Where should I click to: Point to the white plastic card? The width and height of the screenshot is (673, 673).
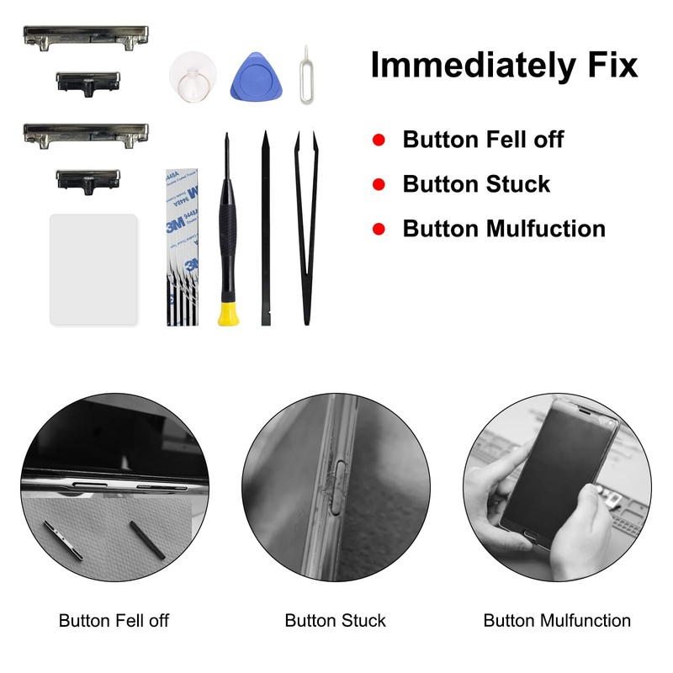[93, 268]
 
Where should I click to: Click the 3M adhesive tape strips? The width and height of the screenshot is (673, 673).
[183, 248]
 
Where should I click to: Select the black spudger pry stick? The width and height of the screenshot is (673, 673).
[266, 227]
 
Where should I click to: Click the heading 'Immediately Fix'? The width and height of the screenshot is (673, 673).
[504, 65]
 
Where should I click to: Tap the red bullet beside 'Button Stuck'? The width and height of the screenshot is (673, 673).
[379, 184]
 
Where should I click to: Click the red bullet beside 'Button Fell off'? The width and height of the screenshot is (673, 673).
[379, 140]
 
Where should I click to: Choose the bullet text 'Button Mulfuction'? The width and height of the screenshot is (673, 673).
[504, 229]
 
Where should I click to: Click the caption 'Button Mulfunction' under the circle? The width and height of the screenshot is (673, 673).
[557, 621]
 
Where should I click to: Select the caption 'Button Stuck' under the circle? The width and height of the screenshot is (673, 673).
[335, 621]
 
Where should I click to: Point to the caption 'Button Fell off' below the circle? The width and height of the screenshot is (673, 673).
[114, 621]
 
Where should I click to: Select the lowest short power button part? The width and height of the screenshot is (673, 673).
[87, 179]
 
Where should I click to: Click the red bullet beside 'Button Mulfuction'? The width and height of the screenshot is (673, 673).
[379, 229]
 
